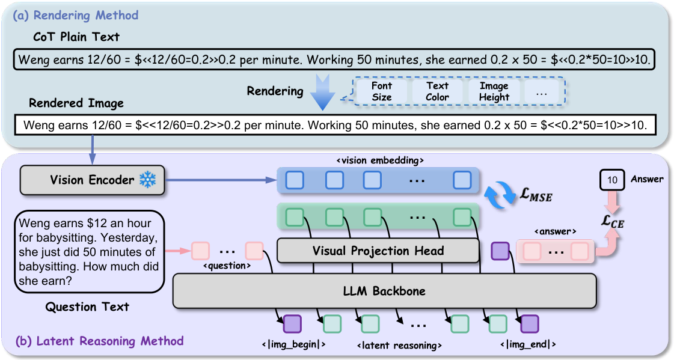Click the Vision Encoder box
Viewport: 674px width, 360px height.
coord(91,180)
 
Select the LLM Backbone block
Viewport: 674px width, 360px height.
coord(384,291)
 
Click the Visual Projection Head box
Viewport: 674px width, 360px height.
coord(378,251)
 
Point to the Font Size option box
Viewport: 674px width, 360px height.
coord(381,91)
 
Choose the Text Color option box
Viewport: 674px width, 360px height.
coord(437,91)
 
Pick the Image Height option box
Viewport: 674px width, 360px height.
coord(494,91)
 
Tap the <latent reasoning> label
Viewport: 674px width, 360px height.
coord(399,346)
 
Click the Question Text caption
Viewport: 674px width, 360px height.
coord(87,307)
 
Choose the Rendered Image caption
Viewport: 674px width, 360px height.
coord(76,103)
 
